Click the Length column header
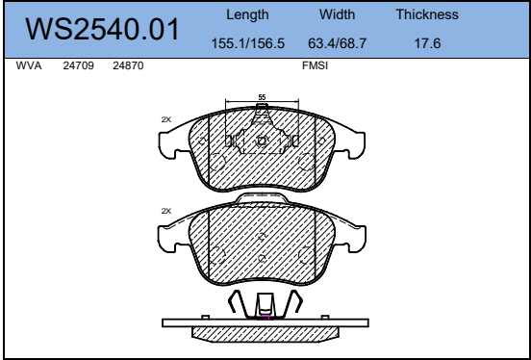[247, 16]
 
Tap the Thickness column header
[426, 16]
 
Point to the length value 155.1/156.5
[247, 44]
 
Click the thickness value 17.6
[426, 44]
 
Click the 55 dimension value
[262, 97]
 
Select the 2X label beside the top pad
[165, 119]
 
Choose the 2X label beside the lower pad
[165, 211]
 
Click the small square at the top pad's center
[262, 141]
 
